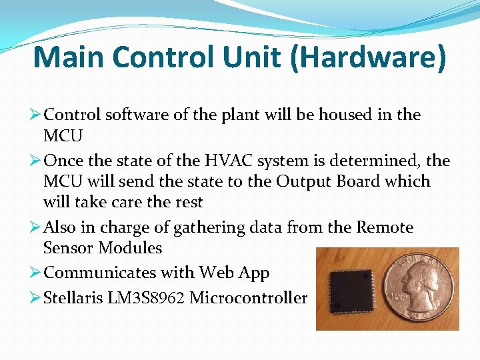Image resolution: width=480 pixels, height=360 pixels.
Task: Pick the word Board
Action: point(362,181)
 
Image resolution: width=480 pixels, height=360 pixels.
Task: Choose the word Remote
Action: point(385,228)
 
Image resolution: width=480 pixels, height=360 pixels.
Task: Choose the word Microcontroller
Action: point(248,298)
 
